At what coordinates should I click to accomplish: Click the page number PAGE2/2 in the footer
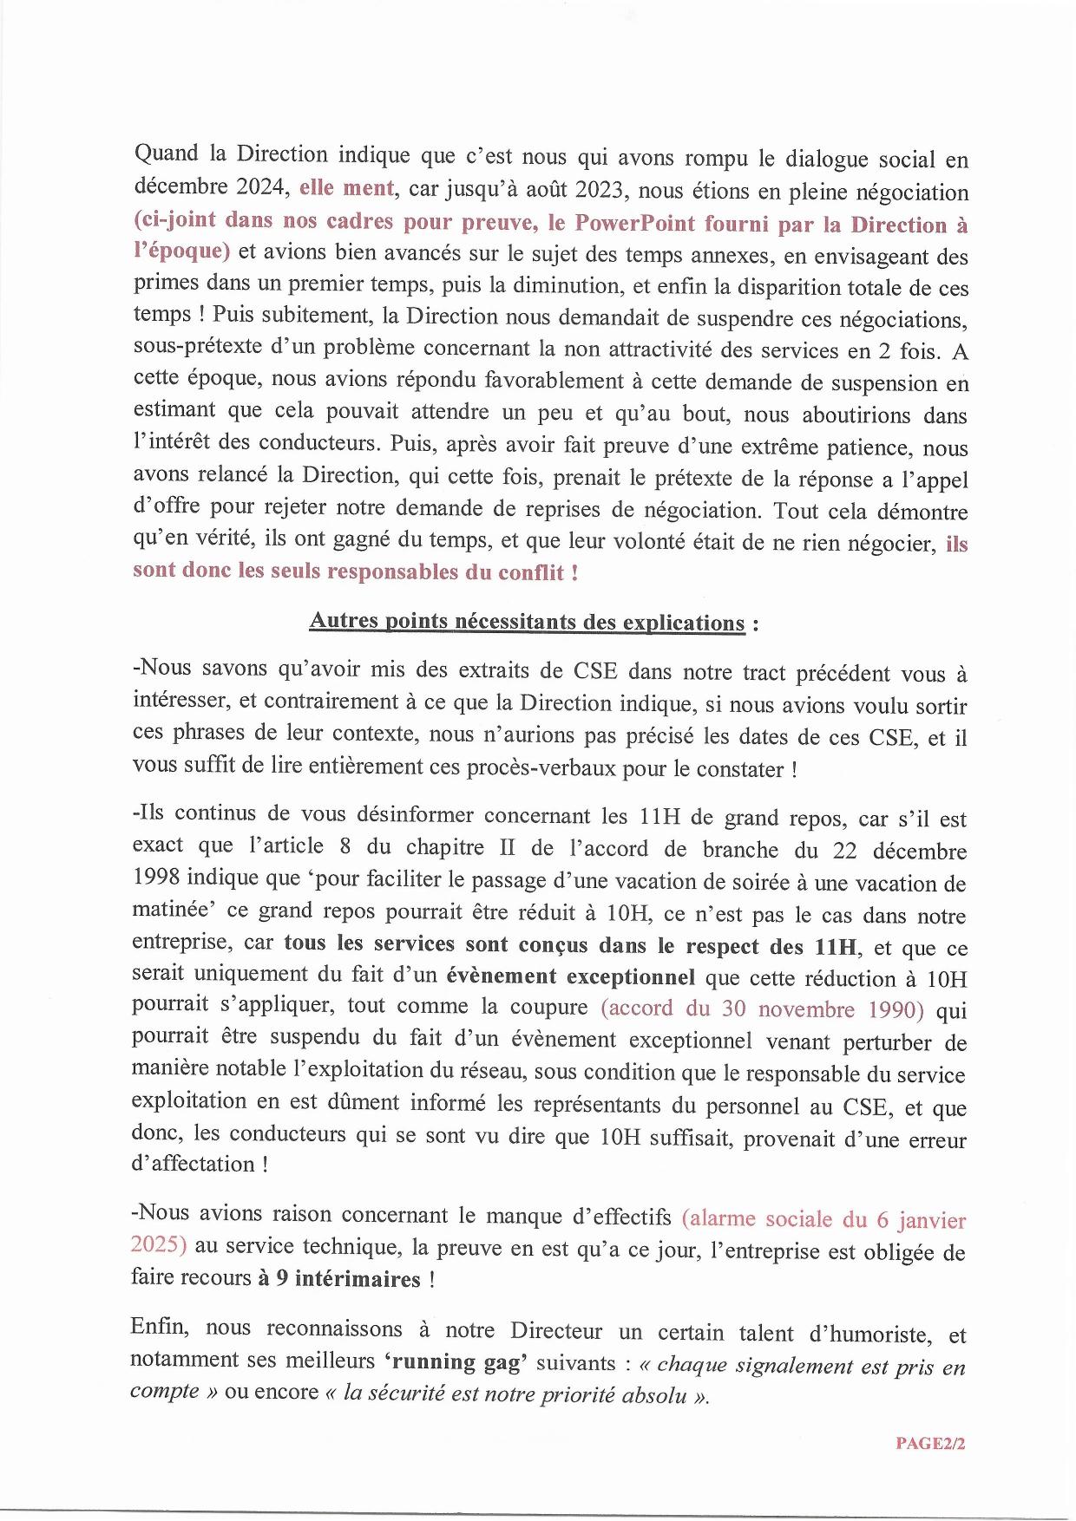(930, 1443)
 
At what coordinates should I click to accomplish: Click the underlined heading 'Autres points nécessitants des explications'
(527, 622)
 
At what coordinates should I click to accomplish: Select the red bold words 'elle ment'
(346, 187)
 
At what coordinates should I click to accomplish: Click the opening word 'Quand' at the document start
(166, 154)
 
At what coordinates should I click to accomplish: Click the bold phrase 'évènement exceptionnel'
(570, 977)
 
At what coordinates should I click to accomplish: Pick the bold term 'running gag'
(456, 1361)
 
